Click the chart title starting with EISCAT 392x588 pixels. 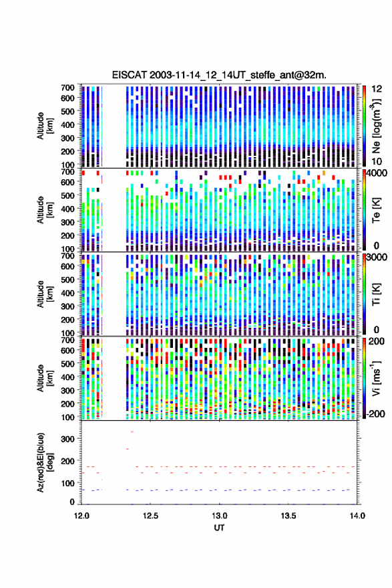(x=219, y=75)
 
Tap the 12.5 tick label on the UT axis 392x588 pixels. (x=150, y=516)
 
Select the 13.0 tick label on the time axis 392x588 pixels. (x=220, y=516)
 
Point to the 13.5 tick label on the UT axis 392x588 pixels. (x=288, y=516)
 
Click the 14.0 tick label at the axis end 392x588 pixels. (x=357, y=516)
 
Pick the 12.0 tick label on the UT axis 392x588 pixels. (x=81, y=516)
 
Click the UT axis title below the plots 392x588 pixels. (x=219, y=528)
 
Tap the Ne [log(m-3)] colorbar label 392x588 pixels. (x=376, y=126)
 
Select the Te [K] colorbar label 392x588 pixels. (x=376, y=210)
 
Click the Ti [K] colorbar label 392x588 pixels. (x=376, y=294)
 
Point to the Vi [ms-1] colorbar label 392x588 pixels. (x=376, y=378)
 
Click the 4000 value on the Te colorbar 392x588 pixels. (x=375, y=173)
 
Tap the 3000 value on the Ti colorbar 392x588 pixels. (x=377, y=258)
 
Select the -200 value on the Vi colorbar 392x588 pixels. (x=375, y=414)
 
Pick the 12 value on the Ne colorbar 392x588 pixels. (x=377, y=89)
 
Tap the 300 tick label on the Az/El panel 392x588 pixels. (x=68, y=439)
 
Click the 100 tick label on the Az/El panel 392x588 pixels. (x=68, y=484)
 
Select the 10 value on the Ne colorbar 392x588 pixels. (x=377, y=162)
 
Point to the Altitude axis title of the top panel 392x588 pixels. (x=45, y=126)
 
